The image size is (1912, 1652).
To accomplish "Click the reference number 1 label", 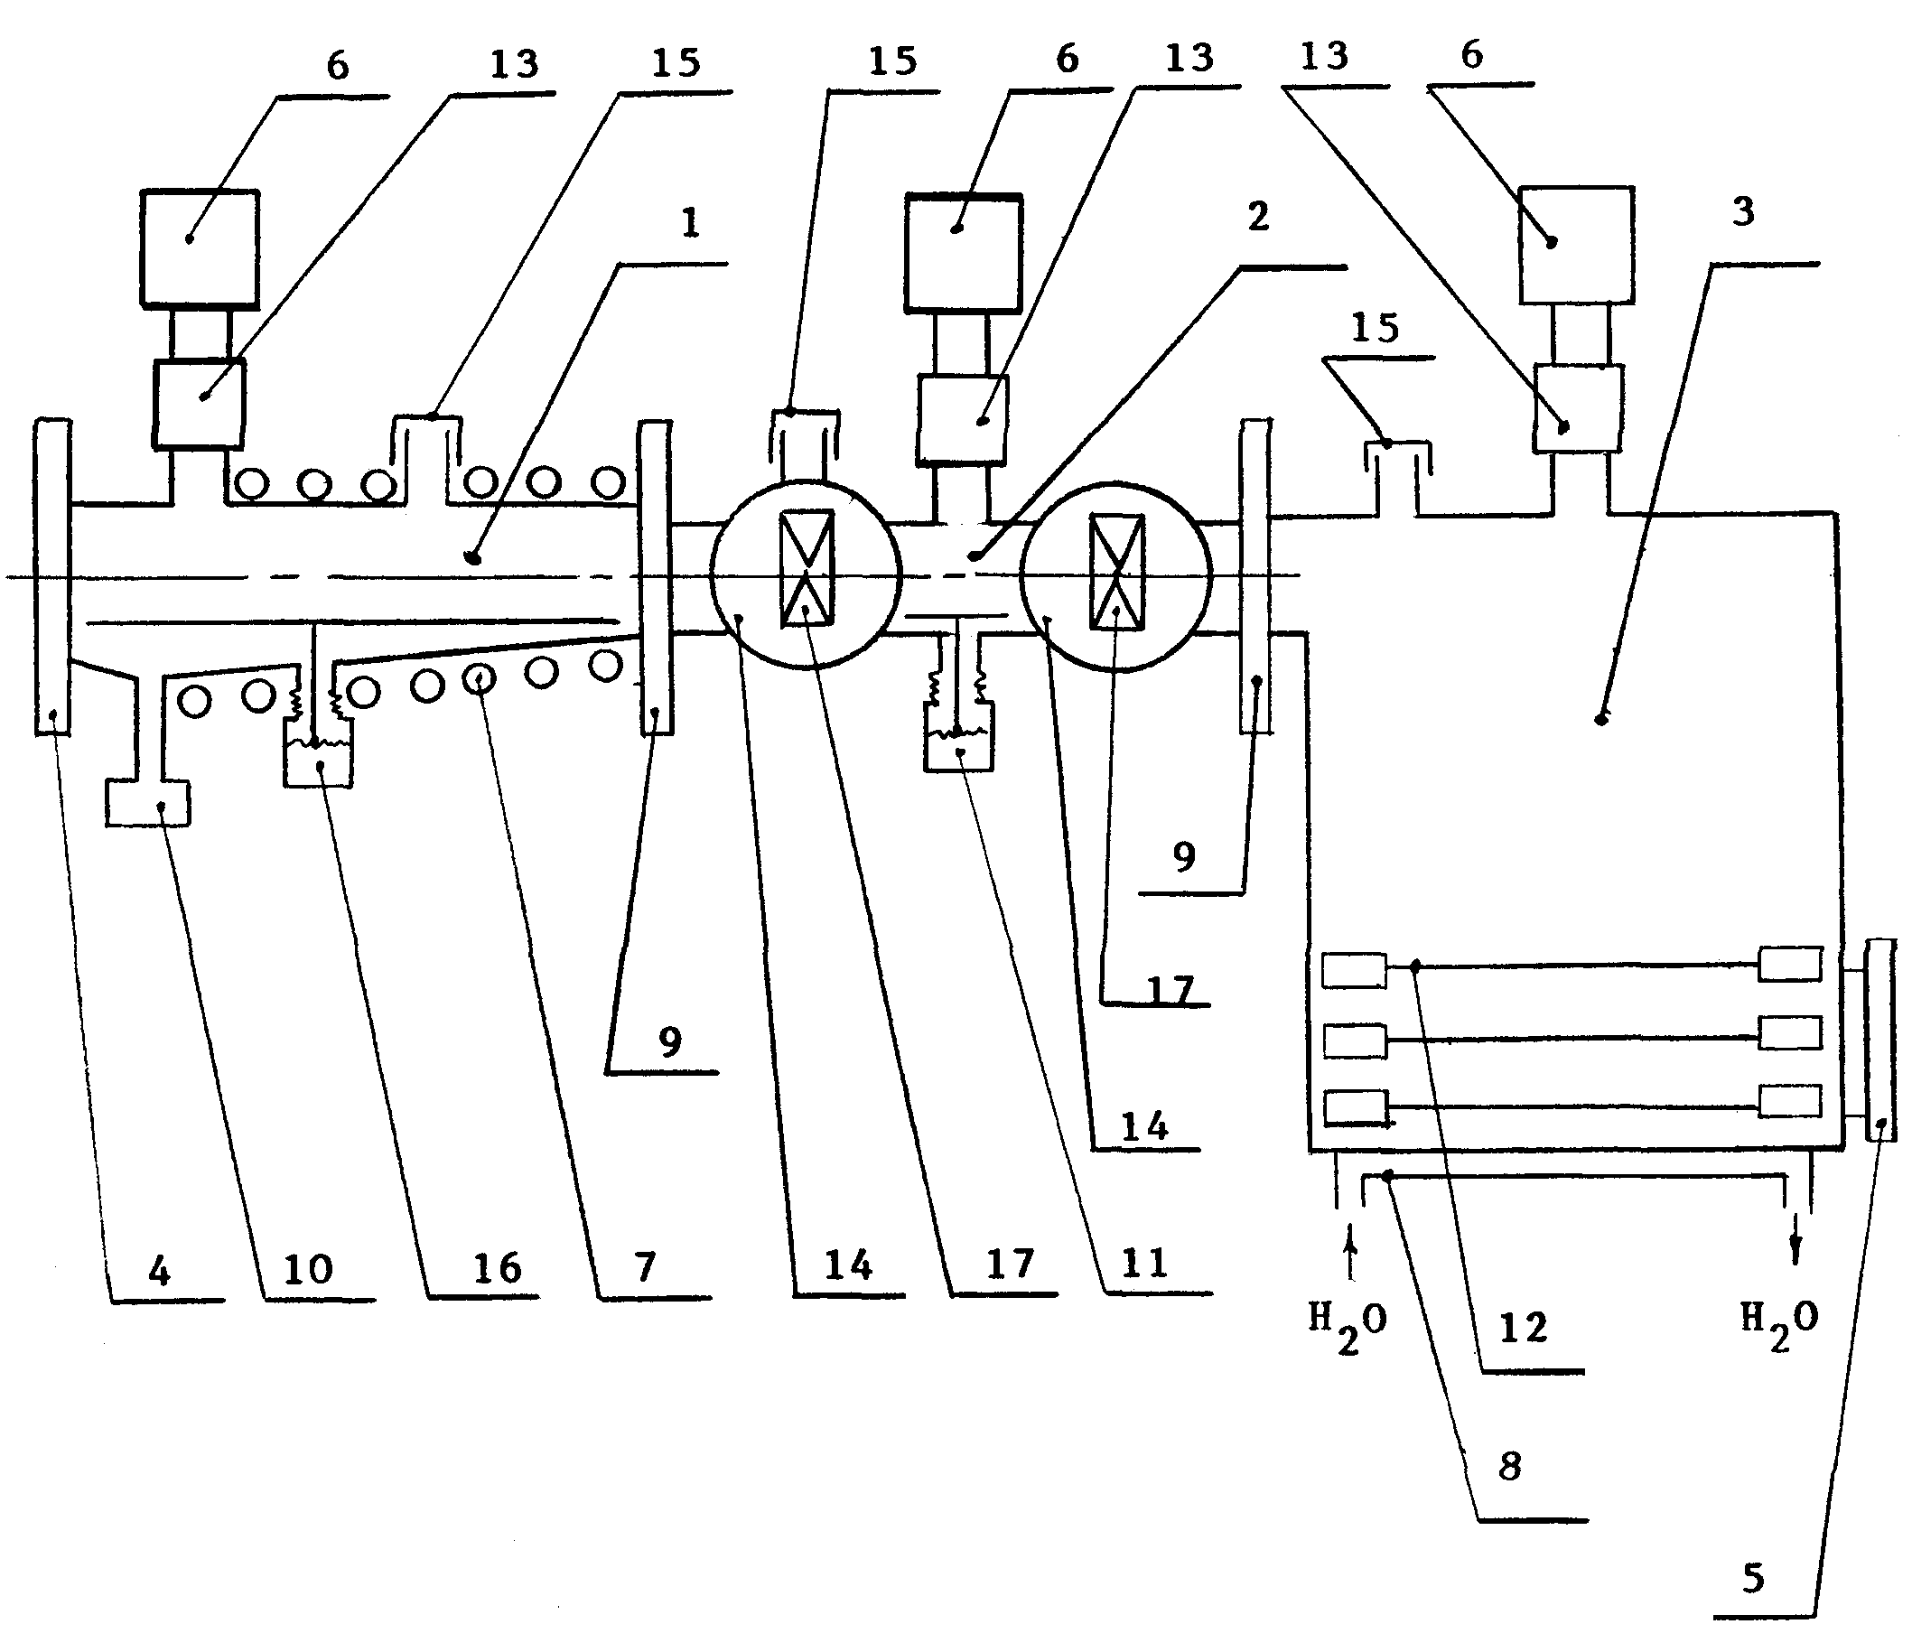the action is click(691, 222).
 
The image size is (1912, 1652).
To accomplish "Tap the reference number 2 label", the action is click(1258, 217).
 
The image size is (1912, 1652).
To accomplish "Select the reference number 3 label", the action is click(1743, 211).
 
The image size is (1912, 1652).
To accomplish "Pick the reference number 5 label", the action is click(1753, 1578).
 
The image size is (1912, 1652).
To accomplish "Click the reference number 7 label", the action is click(645, 1267).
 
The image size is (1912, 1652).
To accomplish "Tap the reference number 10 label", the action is click(308, 1270).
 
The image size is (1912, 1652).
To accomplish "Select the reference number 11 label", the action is click(1144, 1263).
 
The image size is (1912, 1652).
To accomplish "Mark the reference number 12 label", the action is click(1524, 1328).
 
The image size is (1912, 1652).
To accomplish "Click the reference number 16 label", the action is click(498, 1269).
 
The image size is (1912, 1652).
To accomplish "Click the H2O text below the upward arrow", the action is click(1348, 1325).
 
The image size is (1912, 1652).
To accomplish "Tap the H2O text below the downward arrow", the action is click(1779, 1323).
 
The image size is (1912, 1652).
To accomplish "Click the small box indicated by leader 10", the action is click(147, 803).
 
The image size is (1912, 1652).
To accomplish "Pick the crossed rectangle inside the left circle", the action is click(807, 568).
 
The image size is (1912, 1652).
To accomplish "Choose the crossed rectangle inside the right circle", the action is click(1117, 573).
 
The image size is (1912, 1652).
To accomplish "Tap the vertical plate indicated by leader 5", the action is click(1879, 1041).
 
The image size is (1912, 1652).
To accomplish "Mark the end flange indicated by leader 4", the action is click(52, 577).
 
